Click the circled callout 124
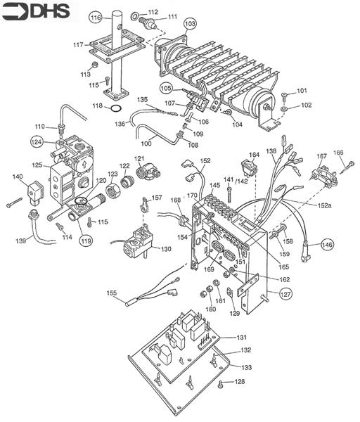(37, 141)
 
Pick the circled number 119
(86, 241)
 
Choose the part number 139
(22, 241)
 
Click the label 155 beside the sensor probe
(112, 293)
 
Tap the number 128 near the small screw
(240, 381)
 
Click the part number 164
(255, 154)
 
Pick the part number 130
(166, 249)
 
